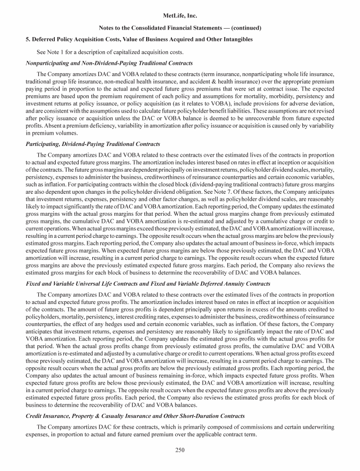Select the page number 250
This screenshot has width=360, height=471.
pyautogui.click(x=180, y=450)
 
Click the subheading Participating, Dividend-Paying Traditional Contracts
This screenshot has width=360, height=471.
pyautogui.click(x=93, y=144)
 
